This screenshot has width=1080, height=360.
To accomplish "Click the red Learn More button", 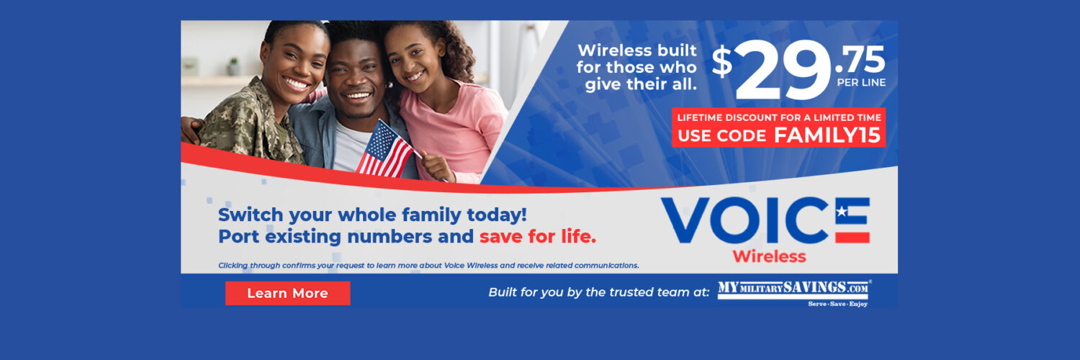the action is [x=288, y=293].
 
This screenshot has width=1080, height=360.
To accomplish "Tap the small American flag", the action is [x=384, y=150].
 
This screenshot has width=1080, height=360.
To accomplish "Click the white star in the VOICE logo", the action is [x=842, y=211].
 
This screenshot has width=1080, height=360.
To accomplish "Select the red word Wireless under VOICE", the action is [x=770, y=256].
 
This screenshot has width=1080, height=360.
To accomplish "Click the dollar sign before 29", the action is [x=721, y=61].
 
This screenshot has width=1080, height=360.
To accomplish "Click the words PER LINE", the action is [x=861, y=83].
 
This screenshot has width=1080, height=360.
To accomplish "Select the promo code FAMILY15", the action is [x=827, y=135].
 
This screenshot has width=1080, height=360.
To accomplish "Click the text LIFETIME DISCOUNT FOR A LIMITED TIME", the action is [x=779, y=117].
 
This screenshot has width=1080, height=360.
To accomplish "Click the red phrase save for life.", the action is [x=538, y=237].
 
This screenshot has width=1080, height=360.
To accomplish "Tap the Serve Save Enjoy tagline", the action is [x=838, y=304].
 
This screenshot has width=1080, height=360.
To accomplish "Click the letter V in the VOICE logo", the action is [x=685, y=220].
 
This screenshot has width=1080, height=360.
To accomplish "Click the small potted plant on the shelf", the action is [x=233, y=67].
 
